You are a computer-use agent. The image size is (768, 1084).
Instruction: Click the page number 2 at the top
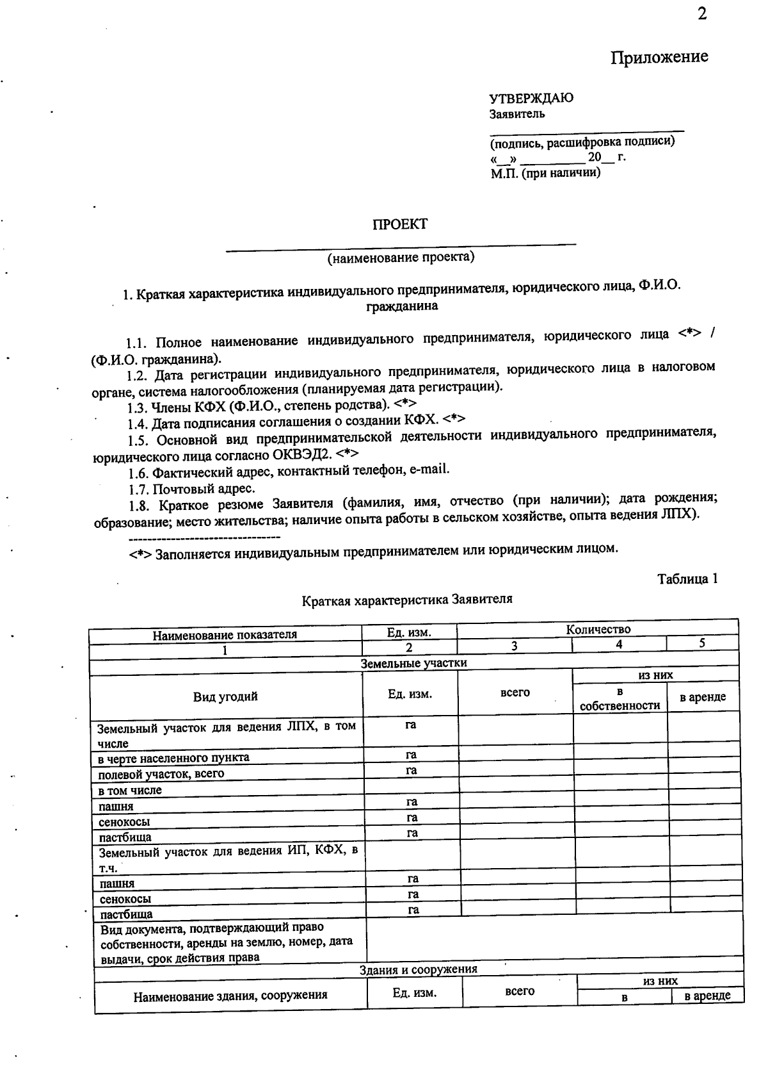coord(702,15)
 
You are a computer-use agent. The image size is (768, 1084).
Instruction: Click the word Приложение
coord(659,57)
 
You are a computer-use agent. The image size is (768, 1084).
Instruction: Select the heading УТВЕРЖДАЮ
coord(531,98)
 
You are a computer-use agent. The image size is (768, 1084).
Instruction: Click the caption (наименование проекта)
coord(401,258)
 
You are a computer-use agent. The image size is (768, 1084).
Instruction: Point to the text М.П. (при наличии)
coord(545,173)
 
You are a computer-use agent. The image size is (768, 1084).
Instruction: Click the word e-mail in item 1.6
coord(429,470)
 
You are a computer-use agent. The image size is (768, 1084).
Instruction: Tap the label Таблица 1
coord(687,579)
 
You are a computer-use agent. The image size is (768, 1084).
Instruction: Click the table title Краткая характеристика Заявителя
coord(407,600)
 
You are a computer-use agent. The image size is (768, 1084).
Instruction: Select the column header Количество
coord(598,629)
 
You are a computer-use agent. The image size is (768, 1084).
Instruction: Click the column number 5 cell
coord(702,643)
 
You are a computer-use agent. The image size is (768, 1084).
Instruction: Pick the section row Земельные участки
coord(413,663)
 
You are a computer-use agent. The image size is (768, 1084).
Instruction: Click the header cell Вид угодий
coord(225,696)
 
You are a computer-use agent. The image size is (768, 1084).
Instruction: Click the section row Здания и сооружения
coord(418,969)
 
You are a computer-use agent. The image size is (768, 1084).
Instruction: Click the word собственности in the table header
coord(620,705)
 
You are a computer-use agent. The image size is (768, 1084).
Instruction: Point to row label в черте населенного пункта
coord(173,758)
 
